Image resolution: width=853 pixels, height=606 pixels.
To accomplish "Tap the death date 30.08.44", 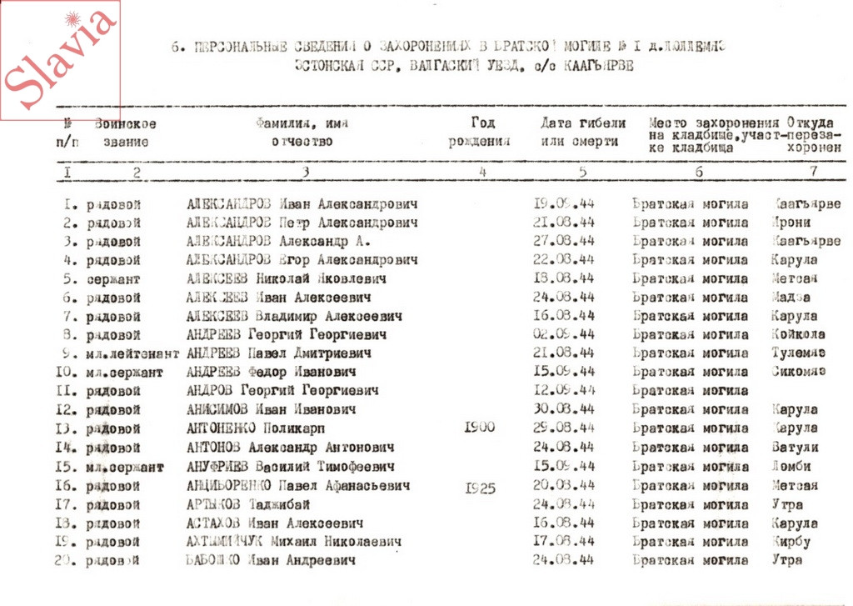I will coord(563,409).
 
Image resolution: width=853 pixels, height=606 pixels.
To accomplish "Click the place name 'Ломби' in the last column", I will coord(791,466).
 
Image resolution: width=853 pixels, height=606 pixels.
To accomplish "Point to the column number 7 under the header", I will coord(812,172).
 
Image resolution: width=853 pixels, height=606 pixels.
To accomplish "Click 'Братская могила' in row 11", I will coord(691,390).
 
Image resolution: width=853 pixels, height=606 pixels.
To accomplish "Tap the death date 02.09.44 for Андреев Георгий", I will coord(563,334).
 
